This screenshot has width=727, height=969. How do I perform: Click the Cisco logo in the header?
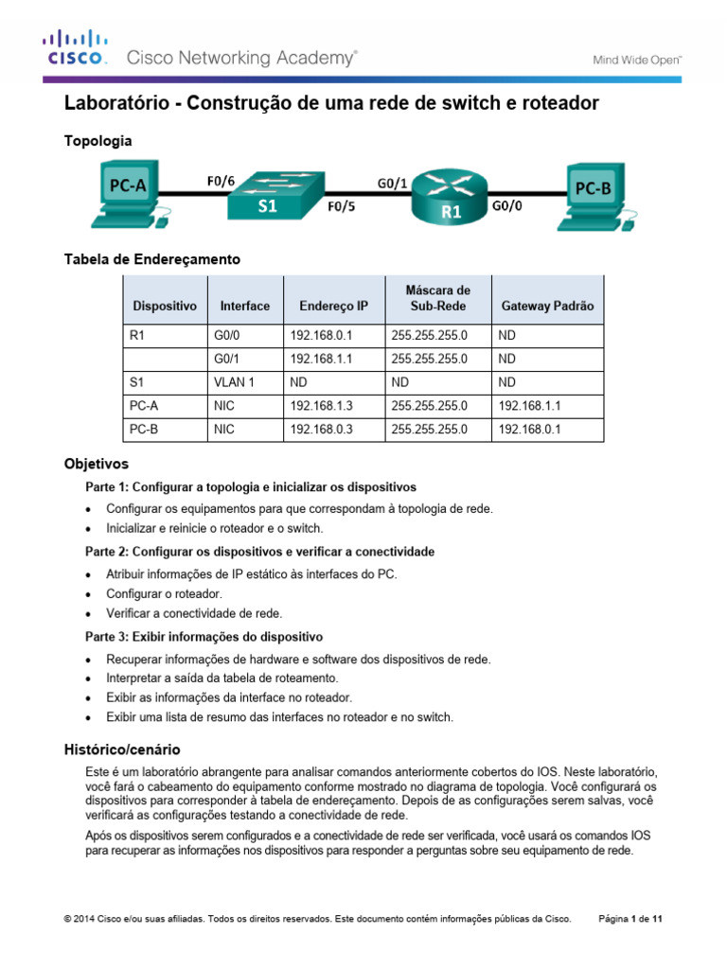click(75, 48)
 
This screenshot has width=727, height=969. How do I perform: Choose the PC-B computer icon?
click(594, 197)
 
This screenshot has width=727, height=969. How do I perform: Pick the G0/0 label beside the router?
click(505, 203)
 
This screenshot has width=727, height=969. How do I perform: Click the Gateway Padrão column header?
click(547, 307)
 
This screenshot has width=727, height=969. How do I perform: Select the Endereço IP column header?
click(333, 307)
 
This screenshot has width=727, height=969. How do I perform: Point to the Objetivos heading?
click(96, 465)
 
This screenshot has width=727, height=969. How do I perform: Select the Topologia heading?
click(98, 140)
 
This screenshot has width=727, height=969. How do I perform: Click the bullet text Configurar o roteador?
click(164, 593)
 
